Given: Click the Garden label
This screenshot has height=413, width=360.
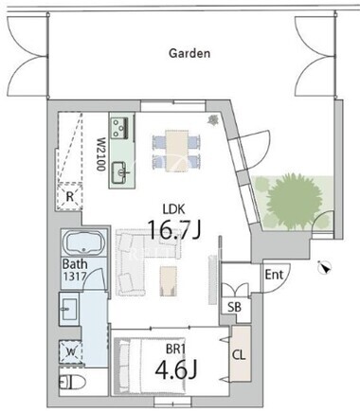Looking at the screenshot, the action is click(x=189, y=53).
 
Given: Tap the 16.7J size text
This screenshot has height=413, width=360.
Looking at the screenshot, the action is click(x=174, y=229).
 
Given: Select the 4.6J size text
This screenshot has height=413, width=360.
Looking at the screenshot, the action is click(x=176, y=369).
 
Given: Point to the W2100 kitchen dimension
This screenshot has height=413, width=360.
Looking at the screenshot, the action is click(x=100, y=154).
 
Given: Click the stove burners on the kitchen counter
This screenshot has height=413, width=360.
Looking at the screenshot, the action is click(x=119, y=128).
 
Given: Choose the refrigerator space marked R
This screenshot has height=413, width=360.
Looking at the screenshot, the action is click(x=70, y=197).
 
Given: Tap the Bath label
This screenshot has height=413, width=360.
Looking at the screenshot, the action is click(x=75, y=263).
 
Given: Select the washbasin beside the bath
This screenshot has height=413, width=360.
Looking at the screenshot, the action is click(x=69, y=309).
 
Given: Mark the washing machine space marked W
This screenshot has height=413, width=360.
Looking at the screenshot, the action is click(x=71, y=351).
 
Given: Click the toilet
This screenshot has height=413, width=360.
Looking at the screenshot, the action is click(x=72, y=383).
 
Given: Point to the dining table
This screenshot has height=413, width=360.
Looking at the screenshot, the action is click(x=177, y=151).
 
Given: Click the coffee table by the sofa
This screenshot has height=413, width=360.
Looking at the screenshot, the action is click(x=168, y=280).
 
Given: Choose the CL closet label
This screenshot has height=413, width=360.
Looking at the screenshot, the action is click(x=239, y=355).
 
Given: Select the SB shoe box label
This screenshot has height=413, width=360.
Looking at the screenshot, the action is click(x=235, y=307).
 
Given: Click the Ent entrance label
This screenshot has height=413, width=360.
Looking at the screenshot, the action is click(x=274, y=275).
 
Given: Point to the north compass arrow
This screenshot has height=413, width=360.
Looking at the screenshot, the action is click(x=324, y=267).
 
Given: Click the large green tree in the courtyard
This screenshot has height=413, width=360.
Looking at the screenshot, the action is click(x=295, y=201).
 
